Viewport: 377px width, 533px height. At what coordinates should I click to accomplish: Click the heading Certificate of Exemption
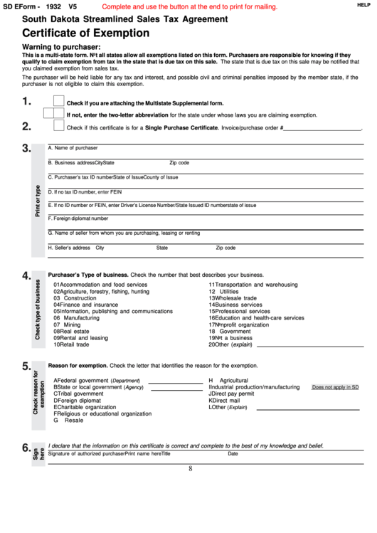point(85,33)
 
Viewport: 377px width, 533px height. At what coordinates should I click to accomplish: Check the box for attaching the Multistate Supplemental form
point(58,101)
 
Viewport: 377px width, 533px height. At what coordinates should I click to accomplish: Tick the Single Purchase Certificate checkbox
point(58,126)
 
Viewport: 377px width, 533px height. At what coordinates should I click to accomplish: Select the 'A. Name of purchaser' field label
point(73,147)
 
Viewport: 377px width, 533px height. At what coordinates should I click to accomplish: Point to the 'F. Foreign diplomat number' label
point(78,218)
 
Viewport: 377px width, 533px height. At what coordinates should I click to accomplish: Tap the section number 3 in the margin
point(26,149)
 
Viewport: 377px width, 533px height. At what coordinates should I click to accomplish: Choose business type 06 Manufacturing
point(76,317)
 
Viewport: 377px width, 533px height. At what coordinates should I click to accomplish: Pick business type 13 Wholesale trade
point(233,298)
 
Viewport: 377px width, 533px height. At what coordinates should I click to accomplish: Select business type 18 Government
point(229,331)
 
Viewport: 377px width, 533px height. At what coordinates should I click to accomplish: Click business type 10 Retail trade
point(71,344)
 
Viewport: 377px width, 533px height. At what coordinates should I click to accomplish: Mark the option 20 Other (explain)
point(230,344)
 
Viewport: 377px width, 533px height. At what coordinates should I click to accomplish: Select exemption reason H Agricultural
point(228,380)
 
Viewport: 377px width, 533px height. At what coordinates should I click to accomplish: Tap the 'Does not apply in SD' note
point(335,387)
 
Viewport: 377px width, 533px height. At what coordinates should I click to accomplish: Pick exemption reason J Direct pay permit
point(231,394)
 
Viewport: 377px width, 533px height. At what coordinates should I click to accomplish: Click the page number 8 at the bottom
point(191,468)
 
